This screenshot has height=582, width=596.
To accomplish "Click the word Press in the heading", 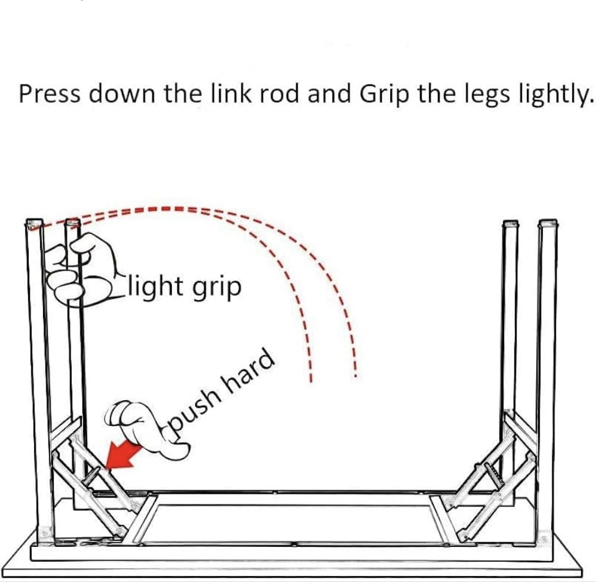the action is point(49,94).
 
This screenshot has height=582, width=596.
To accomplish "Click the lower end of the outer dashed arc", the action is point(355,376).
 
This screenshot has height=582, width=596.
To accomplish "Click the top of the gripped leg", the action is point(72,222).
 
